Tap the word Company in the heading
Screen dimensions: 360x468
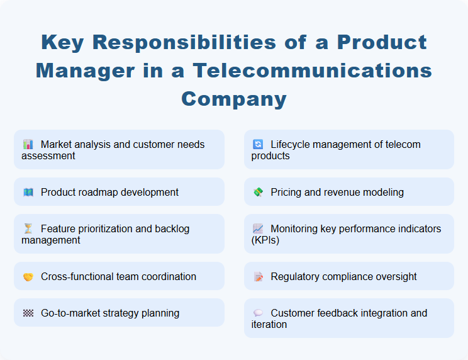click(234, 98)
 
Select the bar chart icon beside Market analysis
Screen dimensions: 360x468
click(28, 145)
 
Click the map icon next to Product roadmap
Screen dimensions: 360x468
click(28, 193)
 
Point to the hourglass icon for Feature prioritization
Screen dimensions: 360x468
click(28, 229)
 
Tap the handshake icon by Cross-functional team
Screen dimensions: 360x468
click(28, 277)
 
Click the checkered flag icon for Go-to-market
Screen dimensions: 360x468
click(28, 313)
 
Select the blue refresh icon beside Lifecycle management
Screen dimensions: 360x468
click(258, 145)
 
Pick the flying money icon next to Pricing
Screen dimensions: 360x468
click(258, 193)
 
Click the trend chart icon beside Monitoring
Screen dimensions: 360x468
click(258, 229)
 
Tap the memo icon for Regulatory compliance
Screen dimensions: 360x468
click(258, 277)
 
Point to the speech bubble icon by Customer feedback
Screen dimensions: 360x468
click(258, 313)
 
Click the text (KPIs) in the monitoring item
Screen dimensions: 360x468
click(265, 240)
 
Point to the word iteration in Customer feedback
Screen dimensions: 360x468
click(269, 324)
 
